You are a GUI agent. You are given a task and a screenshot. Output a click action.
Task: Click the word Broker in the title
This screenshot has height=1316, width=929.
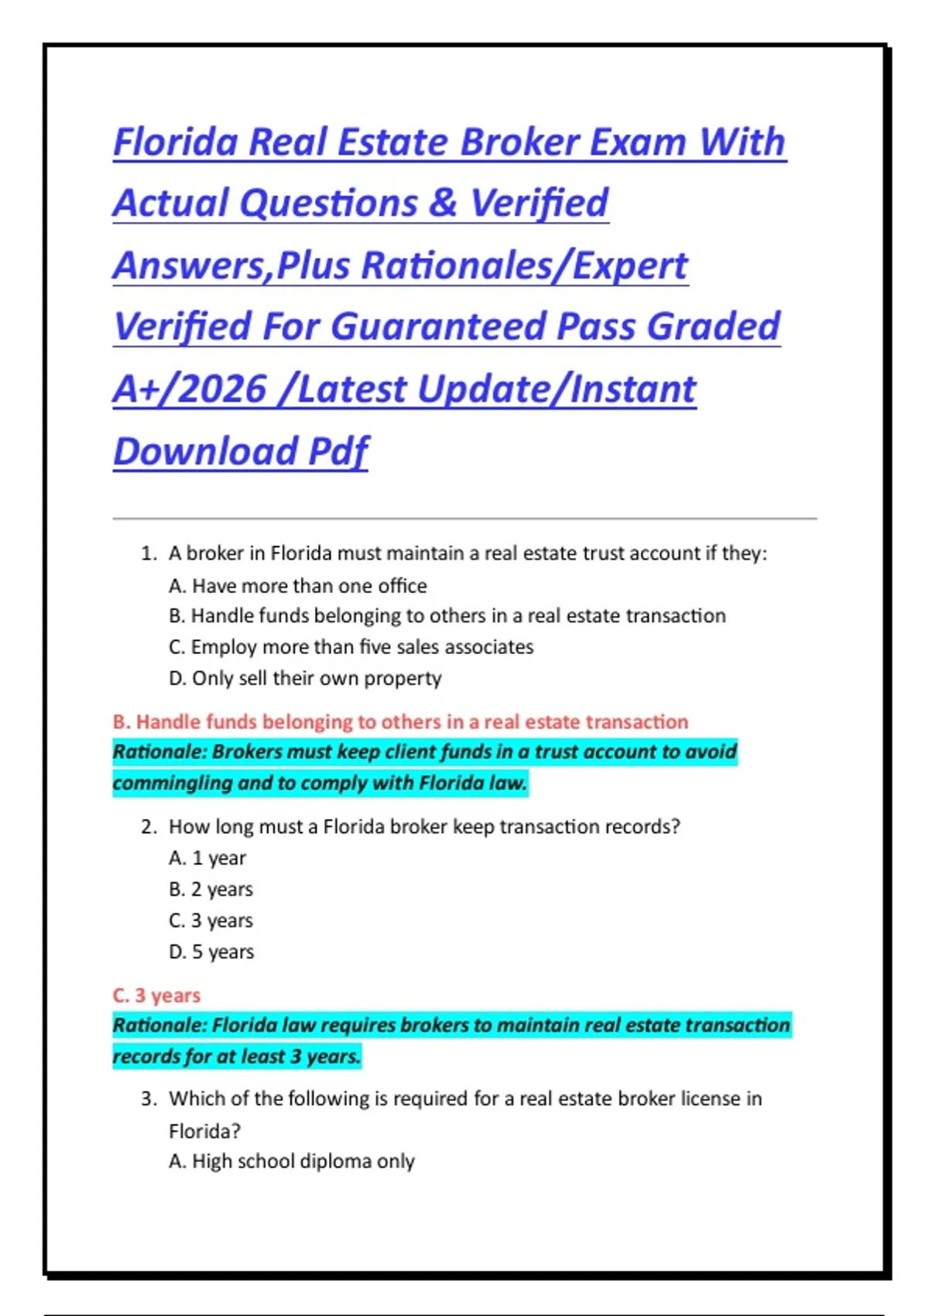519,142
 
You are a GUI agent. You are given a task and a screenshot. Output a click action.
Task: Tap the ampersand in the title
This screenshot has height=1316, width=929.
442,203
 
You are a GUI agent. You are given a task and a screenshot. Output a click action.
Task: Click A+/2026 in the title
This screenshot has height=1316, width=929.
190,389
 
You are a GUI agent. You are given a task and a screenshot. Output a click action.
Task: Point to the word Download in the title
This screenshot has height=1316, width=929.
205,451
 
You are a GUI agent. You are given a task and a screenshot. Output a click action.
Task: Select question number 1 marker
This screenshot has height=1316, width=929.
149,553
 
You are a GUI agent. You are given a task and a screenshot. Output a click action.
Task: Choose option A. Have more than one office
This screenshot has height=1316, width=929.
298,586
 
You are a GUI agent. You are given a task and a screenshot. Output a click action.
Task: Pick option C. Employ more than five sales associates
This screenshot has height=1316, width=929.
351,647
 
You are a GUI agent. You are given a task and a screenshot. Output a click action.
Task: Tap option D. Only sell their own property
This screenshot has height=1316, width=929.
305,678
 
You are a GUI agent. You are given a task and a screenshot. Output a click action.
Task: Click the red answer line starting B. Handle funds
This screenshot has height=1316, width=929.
400,721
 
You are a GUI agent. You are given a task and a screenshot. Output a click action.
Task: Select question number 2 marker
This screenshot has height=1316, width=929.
149,827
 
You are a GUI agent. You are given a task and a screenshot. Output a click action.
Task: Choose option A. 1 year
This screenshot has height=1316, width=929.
207,858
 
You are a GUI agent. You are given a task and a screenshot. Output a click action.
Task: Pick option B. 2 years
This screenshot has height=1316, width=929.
211,889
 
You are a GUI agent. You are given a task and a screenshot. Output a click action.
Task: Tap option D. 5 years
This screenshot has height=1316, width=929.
211,951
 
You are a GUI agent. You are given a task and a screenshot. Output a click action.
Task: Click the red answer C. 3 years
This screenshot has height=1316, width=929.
156,995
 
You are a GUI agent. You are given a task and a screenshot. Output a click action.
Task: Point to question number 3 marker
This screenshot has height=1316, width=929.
149,1099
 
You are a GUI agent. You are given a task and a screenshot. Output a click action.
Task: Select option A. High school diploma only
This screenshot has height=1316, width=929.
292,1161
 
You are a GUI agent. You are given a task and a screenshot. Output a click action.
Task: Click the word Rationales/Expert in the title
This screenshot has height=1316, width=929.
524,266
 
